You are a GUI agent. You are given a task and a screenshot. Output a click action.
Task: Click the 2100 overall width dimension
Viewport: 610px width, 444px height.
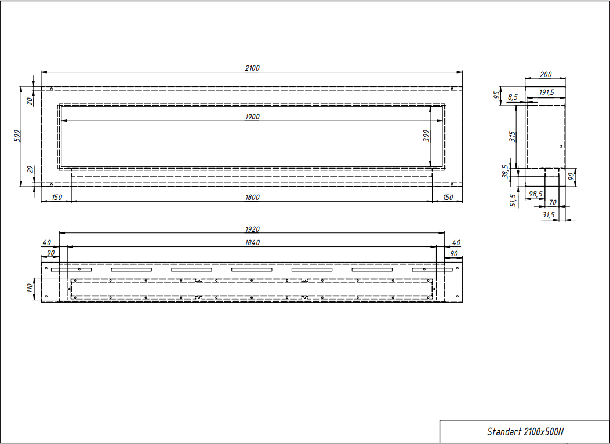252,68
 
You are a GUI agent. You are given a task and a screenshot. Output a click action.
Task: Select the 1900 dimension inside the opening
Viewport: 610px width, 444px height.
252,117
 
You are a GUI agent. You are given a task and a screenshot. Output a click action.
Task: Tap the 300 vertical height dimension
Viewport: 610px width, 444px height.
426,136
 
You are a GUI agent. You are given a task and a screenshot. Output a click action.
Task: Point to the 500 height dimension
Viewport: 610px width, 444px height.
17,136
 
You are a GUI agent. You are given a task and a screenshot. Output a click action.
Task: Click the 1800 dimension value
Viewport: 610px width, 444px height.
252,197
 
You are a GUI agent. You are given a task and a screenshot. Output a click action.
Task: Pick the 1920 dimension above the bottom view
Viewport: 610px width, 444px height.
252,230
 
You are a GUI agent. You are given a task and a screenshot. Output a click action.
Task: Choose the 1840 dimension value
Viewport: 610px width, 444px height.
252,243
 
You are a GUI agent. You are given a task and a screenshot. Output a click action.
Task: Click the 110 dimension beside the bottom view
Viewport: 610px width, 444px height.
30,287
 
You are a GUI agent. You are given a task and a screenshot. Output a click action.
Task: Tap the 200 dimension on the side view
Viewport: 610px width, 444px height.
546,74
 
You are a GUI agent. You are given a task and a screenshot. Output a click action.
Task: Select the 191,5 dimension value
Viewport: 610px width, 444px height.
547,93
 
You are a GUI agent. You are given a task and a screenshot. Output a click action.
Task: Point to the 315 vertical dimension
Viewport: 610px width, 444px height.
513,136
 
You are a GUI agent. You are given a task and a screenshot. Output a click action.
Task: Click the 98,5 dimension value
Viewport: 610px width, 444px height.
536,194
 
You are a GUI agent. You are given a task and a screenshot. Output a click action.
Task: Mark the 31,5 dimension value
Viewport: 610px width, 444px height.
548,214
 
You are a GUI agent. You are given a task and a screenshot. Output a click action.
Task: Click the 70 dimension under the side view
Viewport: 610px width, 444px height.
553,202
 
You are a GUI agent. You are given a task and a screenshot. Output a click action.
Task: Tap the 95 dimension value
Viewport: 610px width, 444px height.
497,95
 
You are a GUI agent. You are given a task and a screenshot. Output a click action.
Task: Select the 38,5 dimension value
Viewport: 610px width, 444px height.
505,171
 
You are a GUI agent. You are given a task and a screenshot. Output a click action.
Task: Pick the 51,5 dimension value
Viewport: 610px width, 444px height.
513,201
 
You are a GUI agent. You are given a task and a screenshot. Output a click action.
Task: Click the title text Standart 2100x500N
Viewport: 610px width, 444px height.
525,432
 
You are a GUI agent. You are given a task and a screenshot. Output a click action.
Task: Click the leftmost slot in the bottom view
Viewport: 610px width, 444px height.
71,270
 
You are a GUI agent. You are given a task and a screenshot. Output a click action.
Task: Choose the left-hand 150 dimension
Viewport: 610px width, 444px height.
56,197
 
